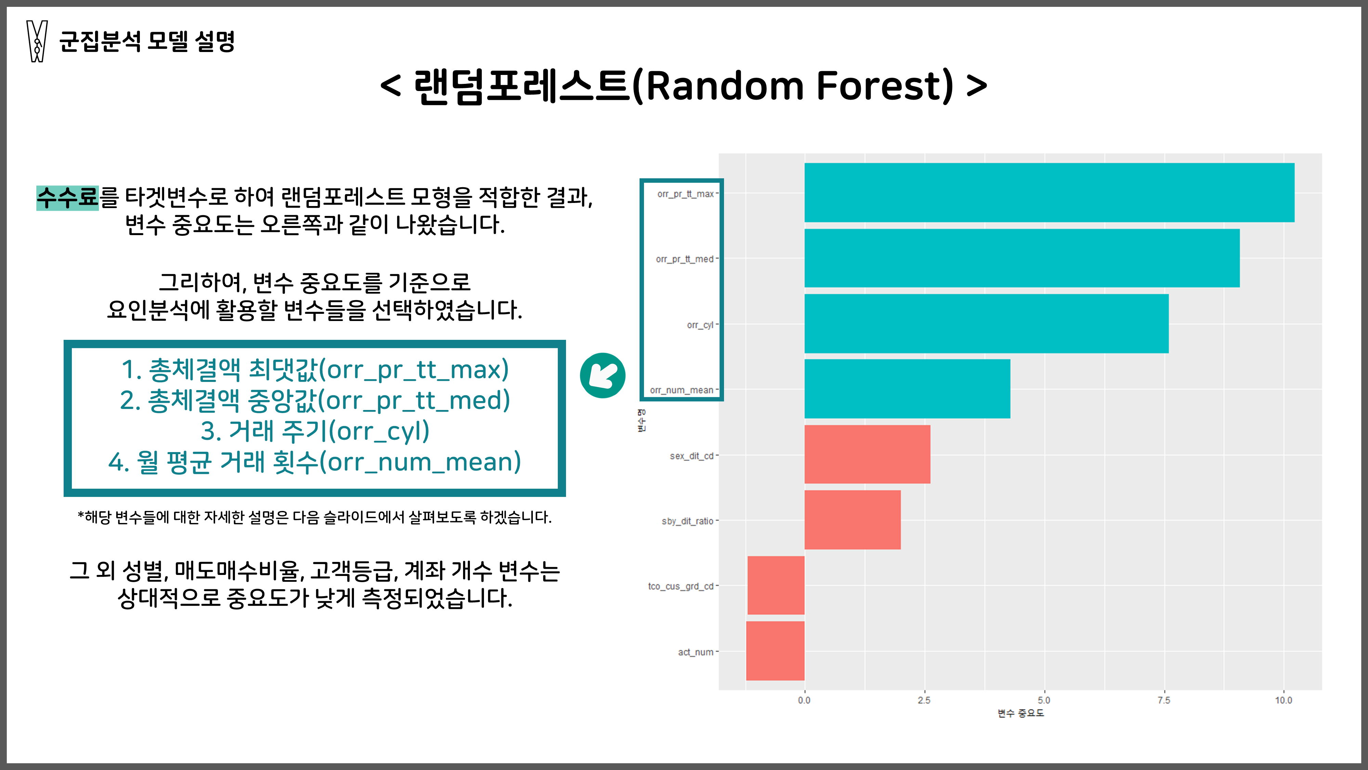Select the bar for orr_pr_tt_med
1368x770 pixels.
tap(1022, 258)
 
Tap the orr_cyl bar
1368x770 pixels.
tap(986, 324)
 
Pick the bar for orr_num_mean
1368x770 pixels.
tap(907, 389)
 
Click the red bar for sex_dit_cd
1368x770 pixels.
tap(867, 454)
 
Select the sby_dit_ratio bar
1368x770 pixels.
tap(852, 520)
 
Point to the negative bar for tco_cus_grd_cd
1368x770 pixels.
tap(776, 585)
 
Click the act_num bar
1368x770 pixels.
tap(775, 651)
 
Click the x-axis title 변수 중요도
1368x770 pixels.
tap(1020, 714)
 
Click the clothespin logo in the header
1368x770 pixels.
tap(37, 41)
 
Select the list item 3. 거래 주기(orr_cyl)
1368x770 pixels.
tap(314, 431)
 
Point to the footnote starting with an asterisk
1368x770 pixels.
tap(314, 517)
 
